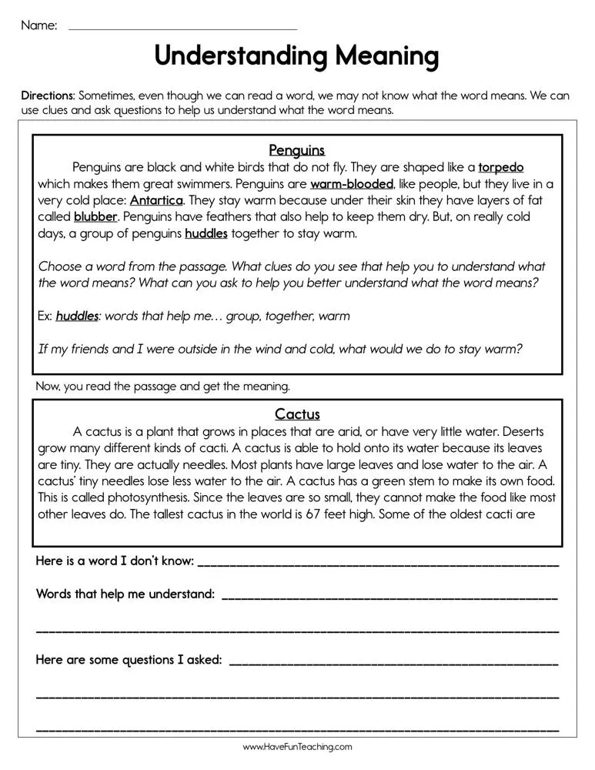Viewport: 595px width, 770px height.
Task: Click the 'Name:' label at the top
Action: [38, 25]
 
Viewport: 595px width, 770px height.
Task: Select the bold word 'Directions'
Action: [48, 96]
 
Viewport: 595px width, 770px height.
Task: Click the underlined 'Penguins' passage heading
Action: [297, 150]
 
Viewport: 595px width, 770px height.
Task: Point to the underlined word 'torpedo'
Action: [501, 167]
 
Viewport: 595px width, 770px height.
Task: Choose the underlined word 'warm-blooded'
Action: [352, 184]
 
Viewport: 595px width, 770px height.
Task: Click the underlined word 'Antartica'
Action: [156, 200]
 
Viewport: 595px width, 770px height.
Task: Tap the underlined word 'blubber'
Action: [95, 217]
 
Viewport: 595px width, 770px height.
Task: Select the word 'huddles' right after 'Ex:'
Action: [77, 316]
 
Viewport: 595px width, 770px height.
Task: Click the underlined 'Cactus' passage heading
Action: [297, 414]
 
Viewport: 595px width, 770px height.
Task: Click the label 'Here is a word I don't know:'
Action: [115, 561]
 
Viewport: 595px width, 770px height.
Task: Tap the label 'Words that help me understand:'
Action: [125, 594]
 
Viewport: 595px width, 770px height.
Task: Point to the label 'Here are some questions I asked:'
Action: [129, 660]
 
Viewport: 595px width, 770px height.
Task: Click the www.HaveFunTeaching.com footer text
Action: [297, 747]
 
